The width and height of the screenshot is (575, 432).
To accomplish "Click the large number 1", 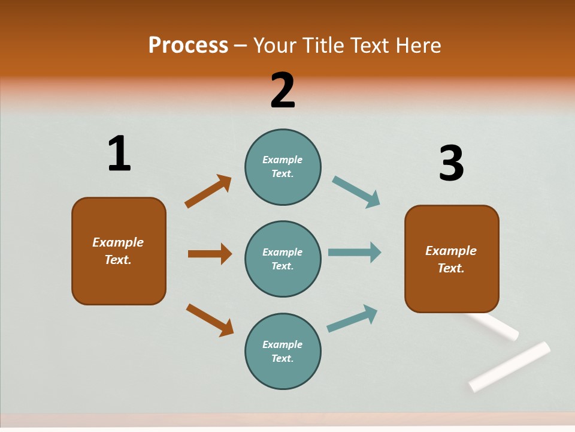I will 119,154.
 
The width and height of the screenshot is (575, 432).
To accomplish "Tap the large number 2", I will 283,91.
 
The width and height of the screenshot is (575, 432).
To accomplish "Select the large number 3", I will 452,163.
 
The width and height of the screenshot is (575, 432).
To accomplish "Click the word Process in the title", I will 188,45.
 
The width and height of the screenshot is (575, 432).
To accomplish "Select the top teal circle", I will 283,167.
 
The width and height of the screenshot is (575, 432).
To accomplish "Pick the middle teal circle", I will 283,259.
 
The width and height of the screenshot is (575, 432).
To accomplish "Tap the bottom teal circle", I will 283,351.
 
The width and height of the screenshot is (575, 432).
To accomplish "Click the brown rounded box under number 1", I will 119,251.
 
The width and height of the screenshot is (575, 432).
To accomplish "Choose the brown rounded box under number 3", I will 452,259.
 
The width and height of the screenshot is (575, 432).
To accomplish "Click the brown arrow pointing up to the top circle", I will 208,191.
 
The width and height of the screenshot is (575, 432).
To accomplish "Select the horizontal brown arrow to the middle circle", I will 210,254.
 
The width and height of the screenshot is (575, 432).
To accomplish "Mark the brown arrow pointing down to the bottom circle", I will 210,320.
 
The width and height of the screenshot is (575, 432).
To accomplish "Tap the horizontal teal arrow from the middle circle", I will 355,253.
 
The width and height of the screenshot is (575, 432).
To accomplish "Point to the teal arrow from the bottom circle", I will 352,318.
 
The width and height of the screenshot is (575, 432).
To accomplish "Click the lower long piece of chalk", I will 510,366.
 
